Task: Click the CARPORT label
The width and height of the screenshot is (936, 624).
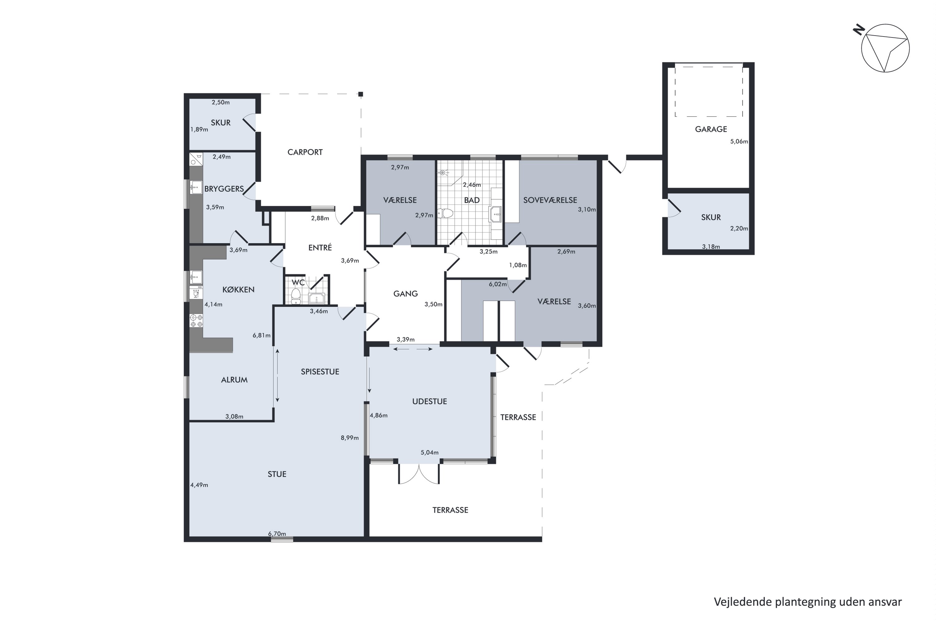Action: pos(305,152)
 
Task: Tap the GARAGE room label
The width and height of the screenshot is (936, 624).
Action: pos(711,129)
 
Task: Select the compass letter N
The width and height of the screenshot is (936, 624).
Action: pos(859,30)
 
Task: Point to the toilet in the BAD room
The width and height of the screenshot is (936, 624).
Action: pos(445,214)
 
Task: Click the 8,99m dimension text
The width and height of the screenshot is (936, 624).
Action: pos(349,438)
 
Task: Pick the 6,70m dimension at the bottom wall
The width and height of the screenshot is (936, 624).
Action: pos(277,534)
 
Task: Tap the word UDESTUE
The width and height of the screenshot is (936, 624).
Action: pos(429,402)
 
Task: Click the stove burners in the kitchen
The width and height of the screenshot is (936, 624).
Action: pos(196,321)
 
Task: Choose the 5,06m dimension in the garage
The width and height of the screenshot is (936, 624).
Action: pos(739,141)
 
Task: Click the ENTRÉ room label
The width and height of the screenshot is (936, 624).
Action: pos(320,247)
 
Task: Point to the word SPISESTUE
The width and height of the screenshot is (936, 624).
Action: pos(320,372)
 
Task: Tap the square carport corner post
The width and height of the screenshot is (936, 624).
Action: pos(361,94)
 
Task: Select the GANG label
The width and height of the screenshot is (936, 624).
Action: pos(406,294)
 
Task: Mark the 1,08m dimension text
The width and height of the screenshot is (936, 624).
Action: pos(518,265)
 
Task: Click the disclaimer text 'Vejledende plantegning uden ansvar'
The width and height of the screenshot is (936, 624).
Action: pos(808,602)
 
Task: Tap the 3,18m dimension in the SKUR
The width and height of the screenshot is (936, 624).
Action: pos(711,247)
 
